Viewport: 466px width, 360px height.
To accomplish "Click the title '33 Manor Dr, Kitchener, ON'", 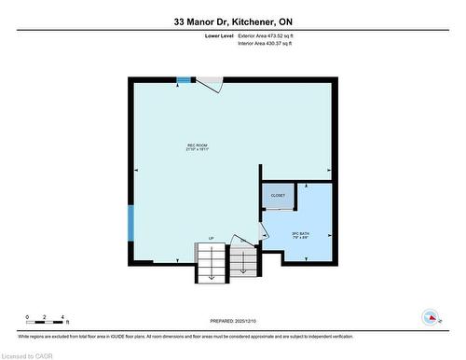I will (232, 21).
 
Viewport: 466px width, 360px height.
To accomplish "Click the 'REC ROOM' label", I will (196, 145).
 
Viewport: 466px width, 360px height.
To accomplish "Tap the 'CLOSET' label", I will (278, 196).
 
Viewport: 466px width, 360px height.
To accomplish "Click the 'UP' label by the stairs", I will (211, 239).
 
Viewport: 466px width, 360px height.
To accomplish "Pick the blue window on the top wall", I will (184, 80).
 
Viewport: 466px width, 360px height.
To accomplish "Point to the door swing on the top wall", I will (209, 85).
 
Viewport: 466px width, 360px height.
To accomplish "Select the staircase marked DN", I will (244, 264).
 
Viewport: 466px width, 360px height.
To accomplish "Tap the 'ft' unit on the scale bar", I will (67, 322).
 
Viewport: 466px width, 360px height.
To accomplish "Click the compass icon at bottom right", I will (431, 317).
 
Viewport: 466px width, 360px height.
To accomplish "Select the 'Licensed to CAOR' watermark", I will (27, 354).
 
